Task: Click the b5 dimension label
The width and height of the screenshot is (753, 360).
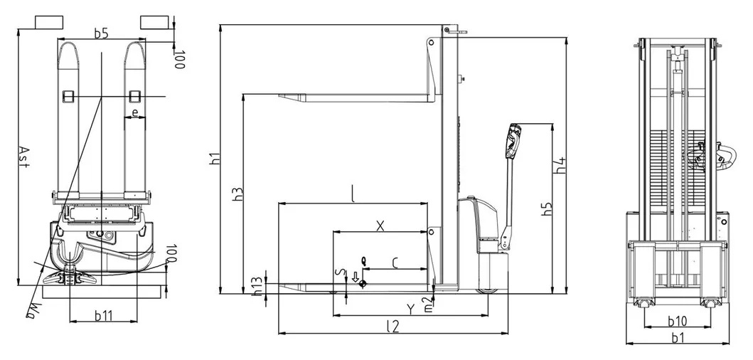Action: point(101,32)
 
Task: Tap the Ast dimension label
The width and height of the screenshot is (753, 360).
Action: point(23,157)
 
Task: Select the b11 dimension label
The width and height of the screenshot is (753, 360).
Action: point(104,315)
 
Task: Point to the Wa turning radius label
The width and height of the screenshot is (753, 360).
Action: point(32,307)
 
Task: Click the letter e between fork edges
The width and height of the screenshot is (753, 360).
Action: point(134,113)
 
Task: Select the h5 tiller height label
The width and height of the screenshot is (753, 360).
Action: point(546,211)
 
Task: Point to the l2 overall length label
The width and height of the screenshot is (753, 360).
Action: point(392,326)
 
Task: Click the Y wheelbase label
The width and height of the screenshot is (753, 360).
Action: point(410,309)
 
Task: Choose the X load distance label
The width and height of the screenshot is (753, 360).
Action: point(380,226)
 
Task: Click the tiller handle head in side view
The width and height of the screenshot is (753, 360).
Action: point(513,140)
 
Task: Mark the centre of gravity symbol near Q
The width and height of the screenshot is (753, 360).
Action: point(363,283)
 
